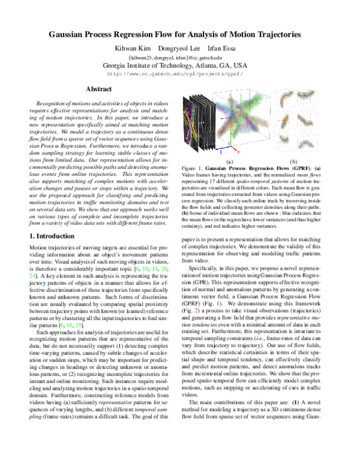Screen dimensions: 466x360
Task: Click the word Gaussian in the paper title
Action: (x=70, y=35)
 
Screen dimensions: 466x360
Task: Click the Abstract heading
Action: (x=98, y=89)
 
